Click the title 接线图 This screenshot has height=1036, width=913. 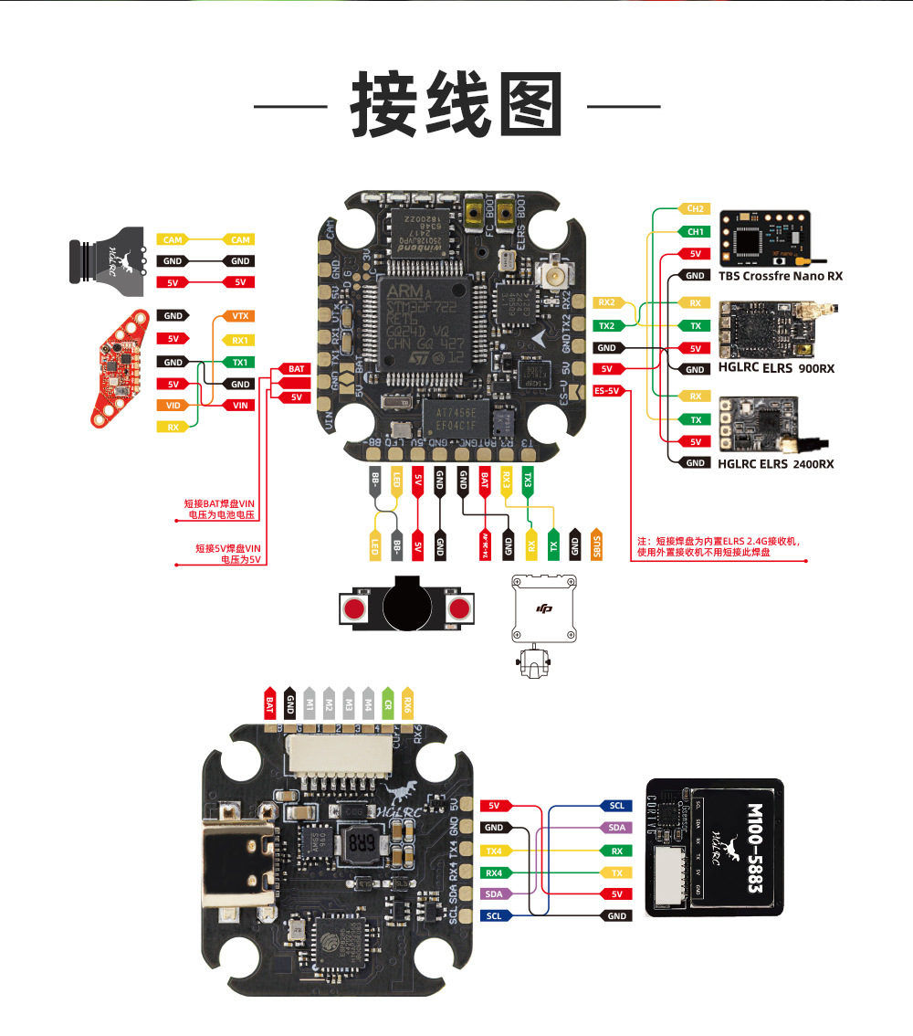[456, 106]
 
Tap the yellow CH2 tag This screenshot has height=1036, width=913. [695, 209]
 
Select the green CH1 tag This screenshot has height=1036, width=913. [695, 232]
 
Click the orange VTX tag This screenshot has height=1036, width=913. [240, 316]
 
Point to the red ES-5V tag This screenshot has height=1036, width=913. [607, 391]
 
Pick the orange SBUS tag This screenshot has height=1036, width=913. [596, 545]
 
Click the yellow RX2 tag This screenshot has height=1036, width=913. [607, 302]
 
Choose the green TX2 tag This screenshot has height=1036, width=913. [607, 325]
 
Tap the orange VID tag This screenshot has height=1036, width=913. [173, 405]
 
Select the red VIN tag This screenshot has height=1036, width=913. [240, 405]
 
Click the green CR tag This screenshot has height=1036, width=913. [387, 703]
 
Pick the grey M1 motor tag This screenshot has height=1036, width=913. [310, 703]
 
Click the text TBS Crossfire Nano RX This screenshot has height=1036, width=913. [781, 276]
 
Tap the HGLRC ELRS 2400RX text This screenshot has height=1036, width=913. [775, 464]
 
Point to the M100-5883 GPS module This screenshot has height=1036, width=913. [714, 847]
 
